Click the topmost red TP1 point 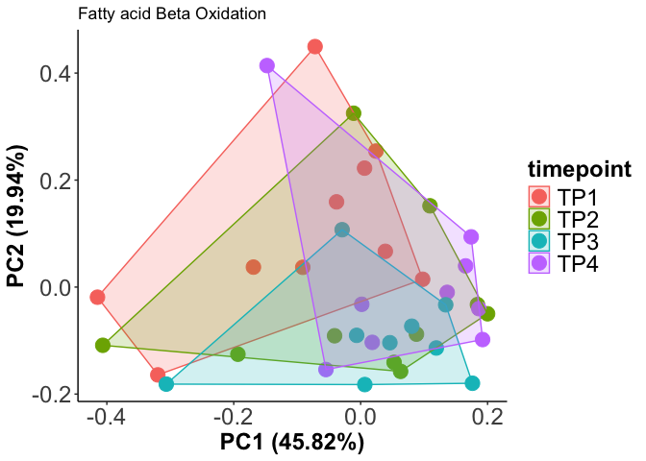[314, 47]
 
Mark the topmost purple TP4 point [267, 66]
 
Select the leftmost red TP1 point [97, 297]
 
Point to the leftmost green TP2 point [103, 345]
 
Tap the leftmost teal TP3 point [166, 384]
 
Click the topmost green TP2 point [354, 113]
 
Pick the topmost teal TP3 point [342, 230]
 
